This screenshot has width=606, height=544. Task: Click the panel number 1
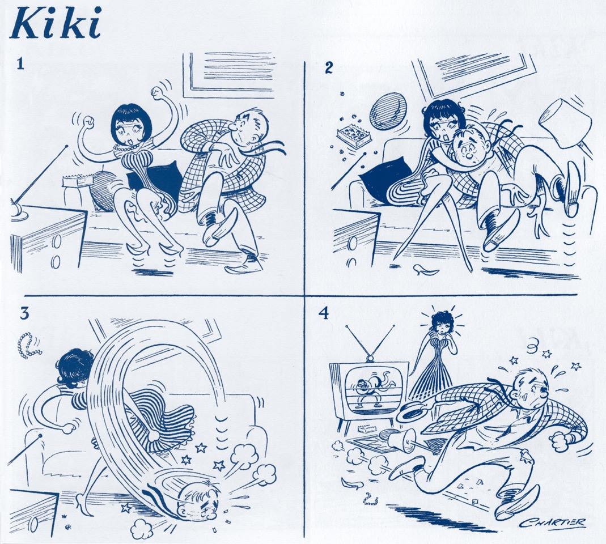20,63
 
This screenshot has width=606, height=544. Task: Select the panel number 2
328,68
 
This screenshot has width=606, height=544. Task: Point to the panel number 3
25,313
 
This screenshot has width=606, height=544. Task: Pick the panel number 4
324,313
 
